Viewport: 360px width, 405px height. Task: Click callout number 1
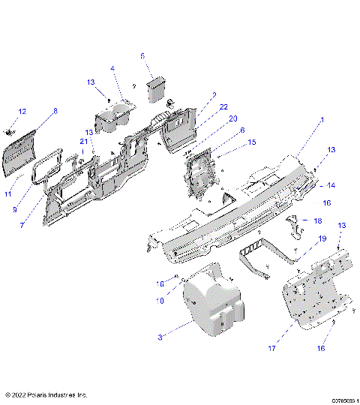coord(322,120)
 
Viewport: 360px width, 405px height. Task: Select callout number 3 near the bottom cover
coord(160,338)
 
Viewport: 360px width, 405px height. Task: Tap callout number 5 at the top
coord(142,55)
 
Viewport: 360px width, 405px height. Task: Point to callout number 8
coord(54,111)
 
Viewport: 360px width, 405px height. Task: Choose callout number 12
coord(22,111)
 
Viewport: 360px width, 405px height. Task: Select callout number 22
coord(223,108)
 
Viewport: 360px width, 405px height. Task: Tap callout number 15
coord(252,141)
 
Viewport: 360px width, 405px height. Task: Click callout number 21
coord(84,142)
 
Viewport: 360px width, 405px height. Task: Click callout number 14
coord(331,185)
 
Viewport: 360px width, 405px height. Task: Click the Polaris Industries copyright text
coord(46,394)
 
